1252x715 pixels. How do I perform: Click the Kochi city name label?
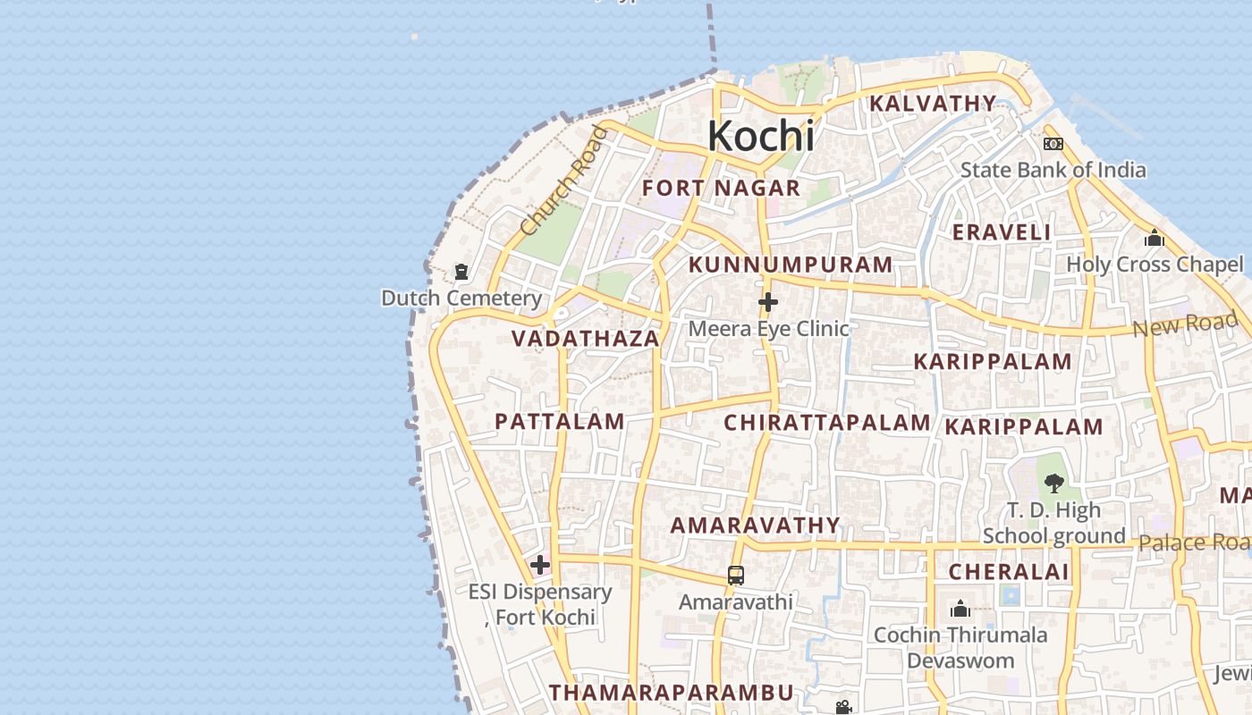point(761,136)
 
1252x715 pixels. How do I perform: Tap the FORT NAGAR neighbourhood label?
point(721,189)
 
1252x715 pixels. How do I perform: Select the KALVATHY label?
point(933,104)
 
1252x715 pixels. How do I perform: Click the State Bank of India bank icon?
point(1053,144)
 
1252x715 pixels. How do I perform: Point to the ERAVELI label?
point(1002,232)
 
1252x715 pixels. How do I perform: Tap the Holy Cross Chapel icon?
point(1154,239)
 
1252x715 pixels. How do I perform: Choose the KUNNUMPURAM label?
point(791,265)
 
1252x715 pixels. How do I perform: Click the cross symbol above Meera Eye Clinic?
point(767,303)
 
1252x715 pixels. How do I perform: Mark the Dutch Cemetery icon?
point(461,272)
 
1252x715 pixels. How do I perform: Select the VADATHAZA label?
point(586,339)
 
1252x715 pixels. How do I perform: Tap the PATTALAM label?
point(560,422)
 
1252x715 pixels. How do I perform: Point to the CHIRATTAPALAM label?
point(827,423)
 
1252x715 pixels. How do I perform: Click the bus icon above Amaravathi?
point(735,576)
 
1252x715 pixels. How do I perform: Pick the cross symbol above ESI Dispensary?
point(540,565)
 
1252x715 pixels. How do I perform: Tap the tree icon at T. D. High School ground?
point(1053,484)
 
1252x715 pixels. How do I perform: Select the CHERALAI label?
point(1009,572)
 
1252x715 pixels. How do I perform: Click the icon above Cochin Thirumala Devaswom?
point(960,610)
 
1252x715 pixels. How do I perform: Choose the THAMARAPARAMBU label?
point(672,693)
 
